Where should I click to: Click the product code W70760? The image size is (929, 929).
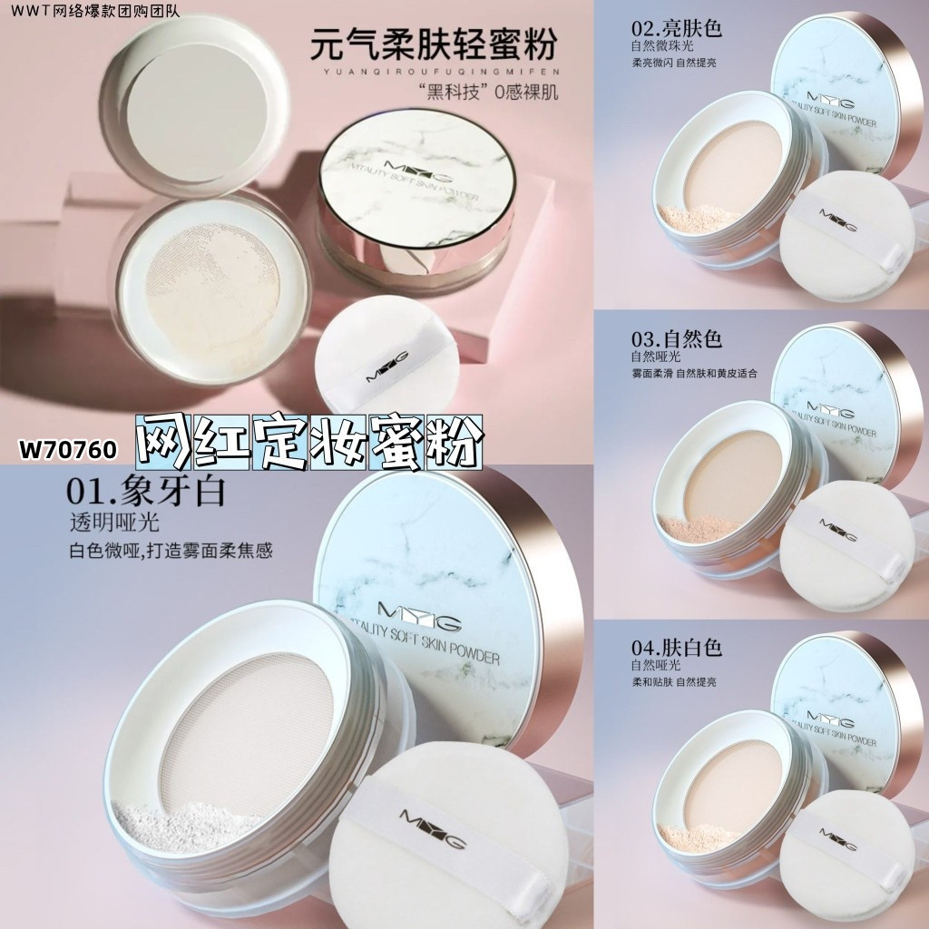point(67,450)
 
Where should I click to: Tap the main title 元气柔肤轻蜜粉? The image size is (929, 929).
point(434,43)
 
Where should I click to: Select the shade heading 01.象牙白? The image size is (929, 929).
point(146,491)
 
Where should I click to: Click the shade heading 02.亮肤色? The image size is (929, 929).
point(677,28)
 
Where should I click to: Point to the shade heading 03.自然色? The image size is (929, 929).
point(677,338)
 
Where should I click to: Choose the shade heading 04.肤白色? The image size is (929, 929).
point(677,648)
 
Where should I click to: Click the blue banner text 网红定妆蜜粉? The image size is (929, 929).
point(308,443)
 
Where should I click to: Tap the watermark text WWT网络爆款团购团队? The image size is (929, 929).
point(94,11)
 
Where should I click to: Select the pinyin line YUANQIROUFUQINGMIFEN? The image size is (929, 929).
point(434,71)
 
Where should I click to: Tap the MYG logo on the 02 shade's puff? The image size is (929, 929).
point(838,220)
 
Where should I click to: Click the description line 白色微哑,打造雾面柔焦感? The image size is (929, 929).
point(171,551)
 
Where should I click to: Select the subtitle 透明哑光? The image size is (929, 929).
point(114,522)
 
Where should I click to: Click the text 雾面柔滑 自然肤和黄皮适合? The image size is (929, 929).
point(694,374)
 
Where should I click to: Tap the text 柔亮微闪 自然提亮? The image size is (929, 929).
point(674,63)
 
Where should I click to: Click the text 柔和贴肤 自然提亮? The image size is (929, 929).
point(674,682)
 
